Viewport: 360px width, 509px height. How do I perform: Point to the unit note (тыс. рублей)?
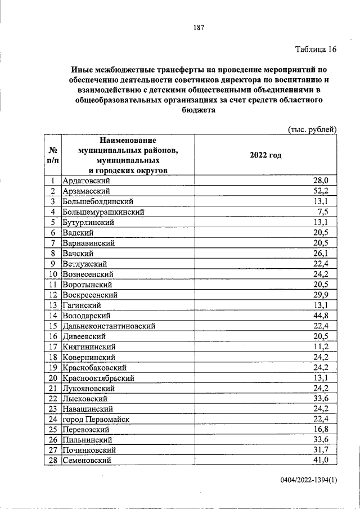point(312,129)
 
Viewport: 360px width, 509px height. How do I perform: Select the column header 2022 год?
point(265,155)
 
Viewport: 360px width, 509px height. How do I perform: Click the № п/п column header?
point(52,155)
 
